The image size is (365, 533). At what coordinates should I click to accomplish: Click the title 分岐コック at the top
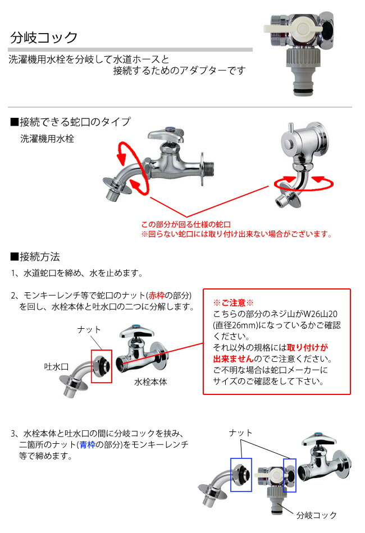(44, 38)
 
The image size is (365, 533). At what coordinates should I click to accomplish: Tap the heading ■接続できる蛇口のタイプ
(70, 122)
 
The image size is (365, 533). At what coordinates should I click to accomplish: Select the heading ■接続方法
(35, 257)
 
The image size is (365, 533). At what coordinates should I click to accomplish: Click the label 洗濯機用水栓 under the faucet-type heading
(47, 139)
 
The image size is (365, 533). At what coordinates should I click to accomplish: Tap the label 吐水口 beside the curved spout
(56, 366)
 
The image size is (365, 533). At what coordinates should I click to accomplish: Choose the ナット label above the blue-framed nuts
(241, 433)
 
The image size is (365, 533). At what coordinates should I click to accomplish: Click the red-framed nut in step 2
(102, 366)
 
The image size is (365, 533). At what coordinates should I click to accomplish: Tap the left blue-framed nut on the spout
(241, 475)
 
